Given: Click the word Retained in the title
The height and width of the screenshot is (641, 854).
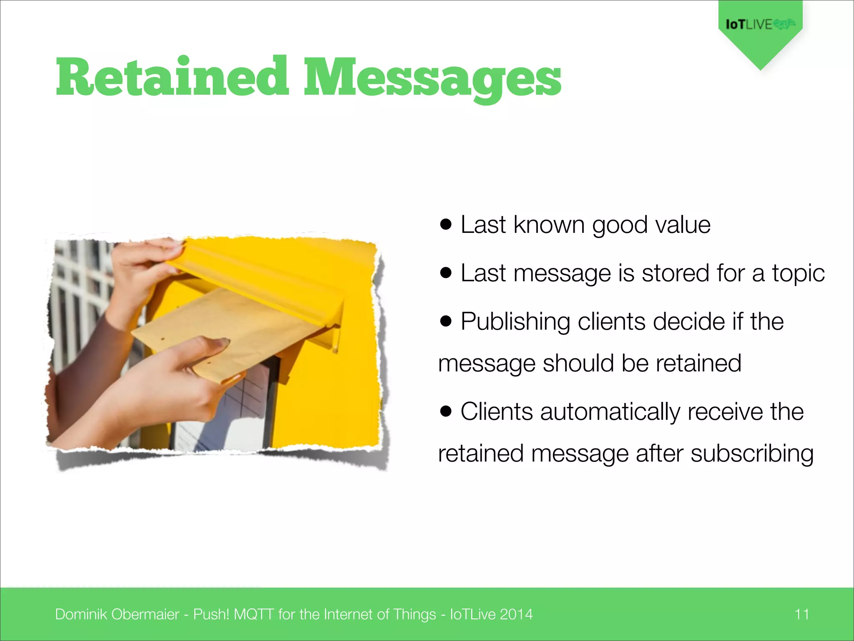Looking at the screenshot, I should tap(172, 77).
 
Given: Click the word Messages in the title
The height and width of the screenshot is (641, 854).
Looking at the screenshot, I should tap(432, 79).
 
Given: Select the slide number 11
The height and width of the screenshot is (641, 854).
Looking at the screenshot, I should tap(801, 614).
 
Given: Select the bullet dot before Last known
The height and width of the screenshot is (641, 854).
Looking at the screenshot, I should tap(446, 225).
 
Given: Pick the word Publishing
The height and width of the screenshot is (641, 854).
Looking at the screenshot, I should tap(515, 322).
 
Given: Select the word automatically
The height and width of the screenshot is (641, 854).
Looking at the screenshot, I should tap(610, 412).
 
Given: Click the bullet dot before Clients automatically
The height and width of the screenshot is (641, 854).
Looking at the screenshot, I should tap(446, 411).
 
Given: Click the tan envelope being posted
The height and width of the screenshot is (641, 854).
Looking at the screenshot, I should tap(225, 330).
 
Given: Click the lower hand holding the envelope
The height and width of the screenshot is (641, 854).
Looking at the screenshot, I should tap(179, 376).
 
